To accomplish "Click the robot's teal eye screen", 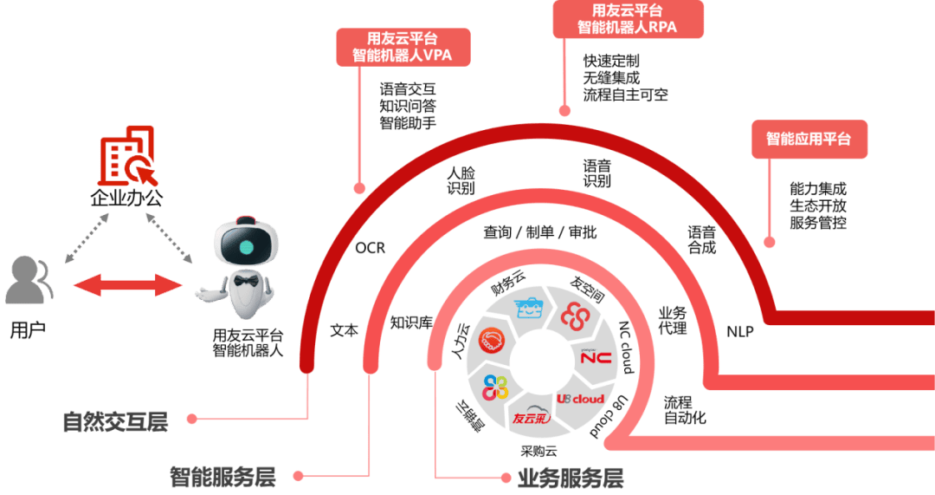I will point(247,247).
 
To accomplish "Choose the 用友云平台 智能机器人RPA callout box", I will point(628,18).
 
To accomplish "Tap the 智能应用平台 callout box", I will point(809,139).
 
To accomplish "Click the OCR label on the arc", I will point(370,249).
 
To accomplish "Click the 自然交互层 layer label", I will point(115,422).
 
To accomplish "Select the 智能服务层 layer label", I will point(222,476).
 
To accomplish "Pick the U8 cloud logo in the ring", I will point(579,398).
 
